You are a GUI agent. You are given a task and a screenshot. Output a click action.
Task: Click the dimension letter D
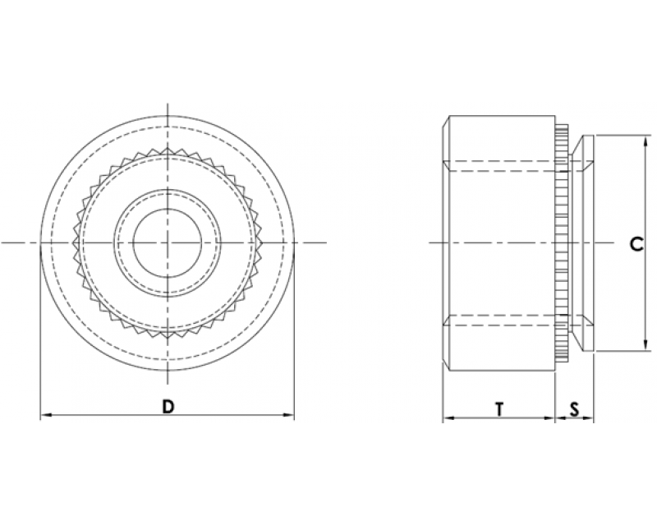(x=168, y=407)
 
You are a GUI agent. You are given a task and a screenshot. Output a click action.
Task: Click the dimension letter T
(x=499, y=409)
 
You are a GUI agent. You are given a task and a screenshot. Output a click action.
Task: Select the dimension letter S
(x=574, y=409)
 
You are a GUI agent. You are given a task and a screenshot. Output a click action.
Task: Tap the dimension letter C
(x=637, y=244)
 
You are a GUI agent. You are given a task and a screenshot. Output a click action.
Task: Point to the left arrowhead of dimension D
(x=45, y=415)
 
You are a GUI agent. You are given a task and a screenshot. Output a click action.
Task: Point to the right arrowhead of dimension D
(x=289, y=415)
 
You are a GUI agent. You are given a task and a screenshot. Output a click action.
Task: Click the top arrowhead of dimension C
(x=645, y=141)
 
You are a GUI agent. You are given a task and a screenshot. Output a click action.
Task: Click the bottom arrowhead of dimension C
(x=645, y=346)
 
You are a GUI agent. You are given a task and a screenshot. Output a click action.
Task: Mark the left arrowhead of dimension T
(x=448, y=418)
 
